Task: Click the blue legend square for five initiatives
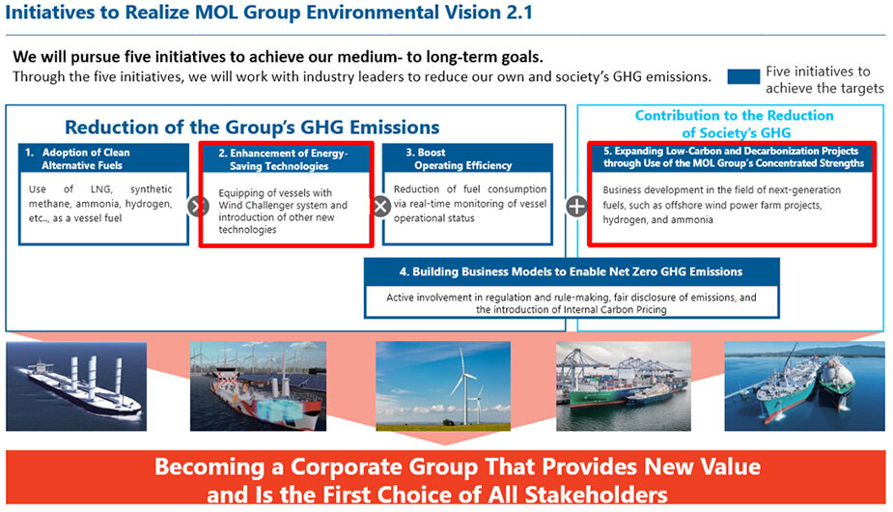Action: point(743,77)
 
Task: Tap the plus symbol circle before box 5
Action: point(577,206)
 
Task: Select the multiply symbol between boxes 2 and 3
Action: point(381,206)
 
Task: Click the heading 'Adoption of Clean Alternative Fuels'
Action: point(82,159)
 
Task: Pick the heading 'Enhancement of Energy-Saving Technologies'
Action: point(283,159)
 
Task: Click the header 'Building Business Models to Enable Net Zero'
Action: point(571,272)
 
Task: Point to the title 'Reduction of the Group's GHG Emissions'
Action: point(252,127)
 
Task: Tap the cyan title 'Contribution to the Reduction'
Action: point(734,116)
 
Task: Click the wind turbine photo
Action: point(443,386)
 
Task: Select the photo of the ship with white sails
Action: point(76,386)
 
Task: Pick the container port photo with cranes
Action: point(624,386)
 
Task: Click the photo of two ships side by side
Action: point(805,386)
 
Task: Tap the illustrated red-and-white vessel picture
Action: point(259,386)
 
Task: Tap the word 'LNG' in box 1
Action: point(100,189)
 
